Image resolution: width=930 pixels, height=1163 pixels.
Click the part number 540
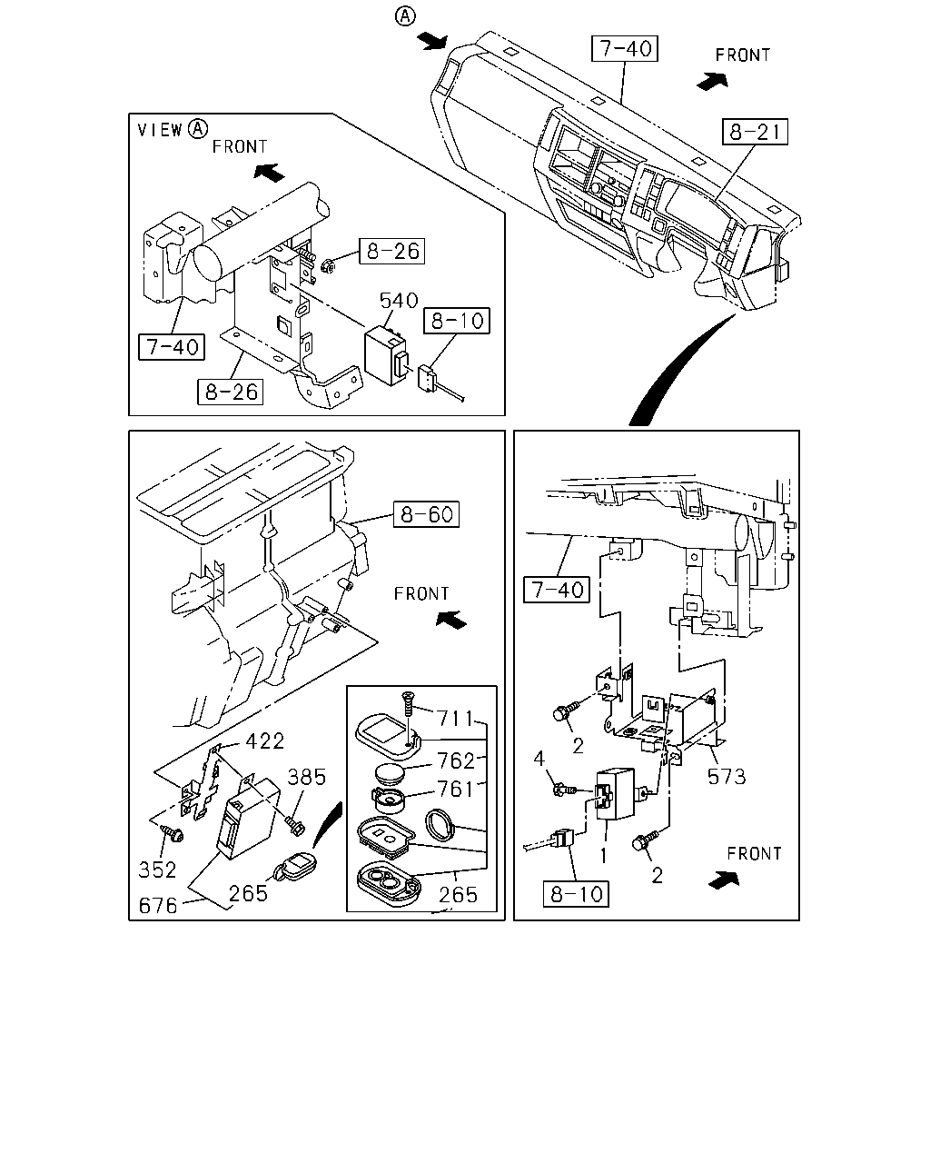coord(399,301)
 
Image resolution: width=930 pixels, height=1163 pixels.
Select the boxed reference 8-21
coord(755,132)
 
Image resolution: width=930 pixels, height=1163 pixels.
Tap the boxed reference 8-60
coord(426,514)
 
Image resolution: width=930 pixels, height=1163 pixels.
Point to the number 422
coord(265,741)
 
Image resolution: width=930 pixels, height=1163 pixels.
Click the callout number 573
coord(727,777)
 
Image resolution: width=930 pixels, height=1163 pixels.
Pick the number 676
coord(158,906)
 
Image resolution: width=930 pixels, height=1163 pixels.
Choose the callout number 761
coord(456,790)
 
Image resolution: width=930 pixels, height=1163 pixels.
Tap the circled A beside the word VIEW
coord(198,129)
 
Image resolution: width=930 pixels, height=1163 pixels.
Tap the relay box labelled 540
coord(386,355)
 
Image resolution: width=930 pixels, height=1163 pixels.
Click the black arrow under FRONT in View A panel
coord(269,173)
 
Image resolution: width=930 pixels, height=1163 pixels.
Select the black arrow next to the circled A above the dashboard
coord(433,41)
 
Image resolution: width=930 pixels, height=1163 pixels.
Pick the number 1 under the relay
coord(603,856)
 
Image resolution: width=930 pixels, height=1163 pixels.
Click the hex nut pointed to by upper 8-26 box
coord(328,265)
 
